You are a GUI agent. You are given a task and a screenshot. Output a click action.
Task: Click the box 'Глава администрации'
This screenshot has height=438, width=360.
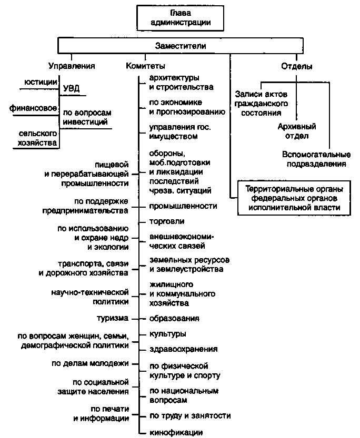click(181, 18)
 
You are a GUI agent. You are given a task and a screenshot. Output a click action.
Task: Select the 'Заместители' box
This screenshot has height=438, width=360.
click(181, 46)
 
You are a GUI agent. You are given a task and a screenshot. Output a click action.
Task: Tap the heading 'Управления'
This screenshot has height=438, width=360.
click(72, 66)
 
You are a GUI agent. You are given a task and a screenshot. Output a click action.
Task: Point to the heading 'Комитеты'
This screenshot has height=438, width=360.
click(145, 66)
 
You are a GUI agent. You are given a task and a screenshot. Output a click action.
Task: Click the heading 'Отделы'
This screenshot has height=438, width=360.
click(296, 66)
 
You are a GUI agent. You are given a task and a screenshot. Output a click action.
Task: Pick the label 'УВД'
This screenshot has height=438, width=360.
click(71, 88)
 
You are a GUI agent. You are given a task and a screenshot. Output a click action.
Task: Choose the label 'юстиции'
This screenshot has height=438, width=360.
click(41, 82)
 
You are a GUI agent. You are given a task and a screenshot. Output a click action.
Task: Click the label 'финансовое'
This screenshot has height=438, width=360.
click(33, 108)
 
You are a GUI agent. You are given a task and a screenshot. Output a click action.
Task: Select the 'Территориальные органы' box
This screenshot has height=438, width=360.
click(294, 198)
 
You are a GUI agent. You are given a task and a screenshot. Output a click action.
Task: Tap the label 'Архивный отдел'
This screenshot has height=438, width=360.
click(297, 131)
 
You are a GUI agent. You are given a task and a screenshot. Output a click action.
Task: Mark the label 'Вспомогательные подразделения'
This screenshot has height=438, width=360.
click(316, 159)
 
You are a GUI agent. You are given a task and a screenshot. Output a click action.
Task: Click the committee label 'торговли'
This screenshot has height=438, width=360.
click(167, 221)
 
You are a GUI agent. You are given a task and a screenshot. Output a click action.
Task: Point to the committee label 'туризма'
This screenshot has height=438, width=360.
click(113, 318)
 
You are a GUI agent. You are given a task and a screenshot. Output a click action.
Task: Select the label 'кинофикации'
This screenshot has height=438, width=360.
click(176, 433)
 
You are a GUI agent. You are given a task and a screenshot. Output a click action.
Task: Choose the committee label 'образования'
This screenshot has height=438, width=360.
click(174, 319)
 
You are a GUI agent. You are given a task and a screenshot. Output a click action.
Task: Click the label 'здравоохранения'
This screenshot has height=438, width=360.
click(183, 349)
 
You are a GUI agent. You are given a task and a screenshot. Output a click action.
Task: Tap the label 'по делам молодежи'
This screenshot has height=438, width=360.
click(90, 363)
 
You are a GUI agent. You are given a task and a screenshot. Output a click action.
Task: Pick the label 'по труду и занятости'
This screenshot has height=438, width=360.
click(190, 416)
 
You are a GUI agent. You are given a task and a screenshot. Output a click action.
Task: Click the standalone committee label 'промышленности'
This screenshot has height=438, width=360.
click(183, 206)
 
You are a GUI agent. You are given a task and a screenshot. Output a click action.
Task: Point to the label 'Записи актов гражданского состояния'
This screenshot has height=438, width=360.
click(261, 104)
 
